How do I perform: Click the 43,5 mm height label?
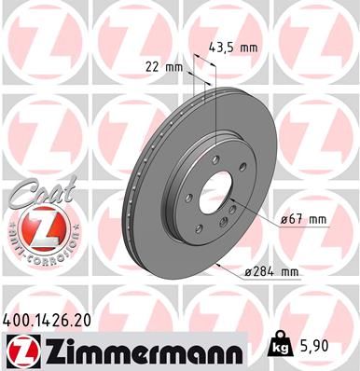pyautogui.click(x=231, y=48)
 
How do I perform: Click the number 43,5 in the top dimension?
pyautogui.click(x=222, y=48)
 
